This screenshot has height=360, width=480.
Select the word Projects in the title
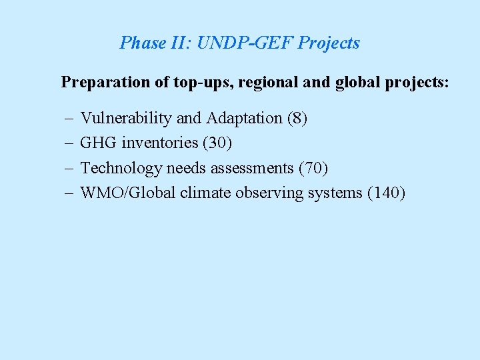tap(329, 43)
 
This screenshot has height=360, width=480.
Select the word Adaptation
tap(244, 119)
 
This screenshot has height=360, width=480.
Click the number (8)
tap(297, 119)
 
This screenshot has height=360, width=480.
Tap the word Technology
tap(121, 168)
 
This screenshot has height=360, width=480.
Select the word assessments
tap(253, 168)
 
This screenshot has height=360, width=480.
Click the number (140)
tap(385, 193)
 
